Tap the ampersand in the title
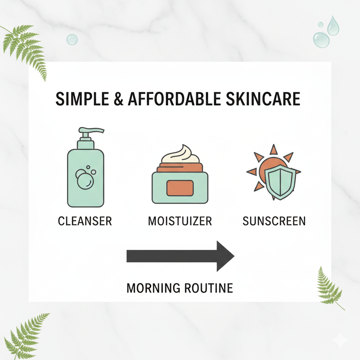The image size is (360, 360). pos(120,99)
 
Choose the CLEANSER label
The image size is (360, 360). pos(85,221)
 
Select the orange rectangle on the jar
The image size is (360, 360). pos(180,188)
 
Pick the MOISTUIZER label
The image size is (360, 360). pos(180,221)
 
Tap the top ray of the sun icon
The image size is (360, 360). pos(274,149)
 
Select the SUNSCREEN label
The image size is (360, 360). pos(274,221)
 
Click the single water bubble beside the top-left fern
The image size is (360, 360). pos(72,39)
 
